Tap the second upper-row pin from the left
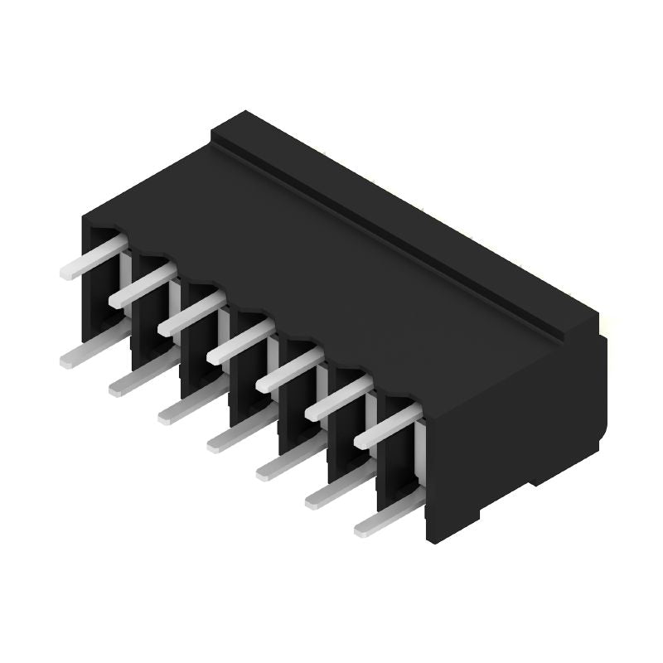pyautogui.click(x=142, y=285)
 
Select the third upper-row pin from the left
pyautogui.click(x=191, y=313)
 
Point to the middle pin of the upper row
pyautogui.click(x=240, y=341)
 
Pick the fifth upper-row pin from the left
pyautogui.click(x=289, y=370)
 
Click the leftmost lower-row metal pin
pyautogui.click(x=91, y=348)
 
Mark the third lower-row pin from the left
pyautogui.click(x=190, y=405)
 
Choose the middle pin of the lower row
pyautogui.click(x=239, y=433)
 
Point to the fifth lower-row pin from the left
pyautogui.click(x=288, y=462)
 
